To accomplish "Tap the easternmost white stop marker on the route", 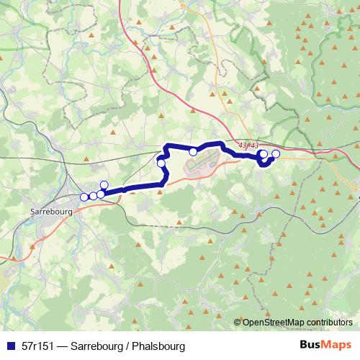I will coord(275,154).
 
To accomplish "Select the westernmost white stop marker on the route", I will coord(84,197).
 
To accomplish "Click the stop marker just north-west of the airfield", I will coord(193,151).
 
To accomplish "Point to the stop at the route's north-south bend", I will coord(161,164).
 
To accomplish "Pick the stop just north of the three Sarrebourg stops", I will coord(104,185).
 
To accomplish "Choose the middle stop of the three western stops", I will coord(93,196).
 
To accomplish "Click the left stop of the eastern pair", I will coord(263,154).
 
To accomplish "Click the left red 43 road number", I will coord(241,145).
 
